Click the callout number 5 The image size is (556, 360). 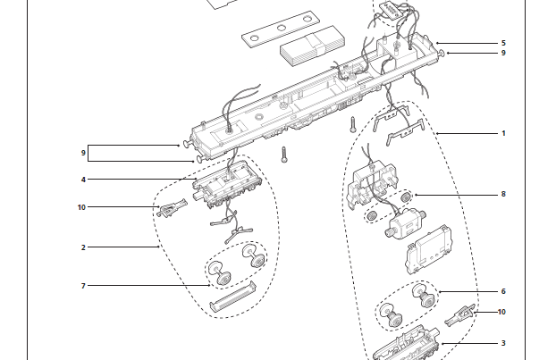tap(503, 43)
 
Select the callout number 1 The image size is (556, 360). tap(503, 133)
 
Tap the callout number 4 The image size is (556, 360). tap(83, 180)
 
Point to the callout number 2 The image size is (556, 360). tap(83, 247)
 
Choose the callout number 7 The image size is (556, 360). tap(83, 286)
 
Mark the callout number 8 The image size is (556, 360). tap(503, 194)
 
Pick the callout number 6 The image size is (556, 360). tap(503, 291)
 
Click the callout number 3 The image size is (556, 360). tap(503, 342)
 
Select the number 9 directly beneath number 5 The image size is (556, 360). tap(503, 54)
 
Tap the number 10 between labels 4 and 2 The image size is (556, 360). tap(81, 207)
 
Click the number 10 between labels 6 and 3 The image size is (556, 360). tap(501, 312)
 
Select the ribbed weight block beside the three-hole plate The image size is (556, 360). tap(312, 46)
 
